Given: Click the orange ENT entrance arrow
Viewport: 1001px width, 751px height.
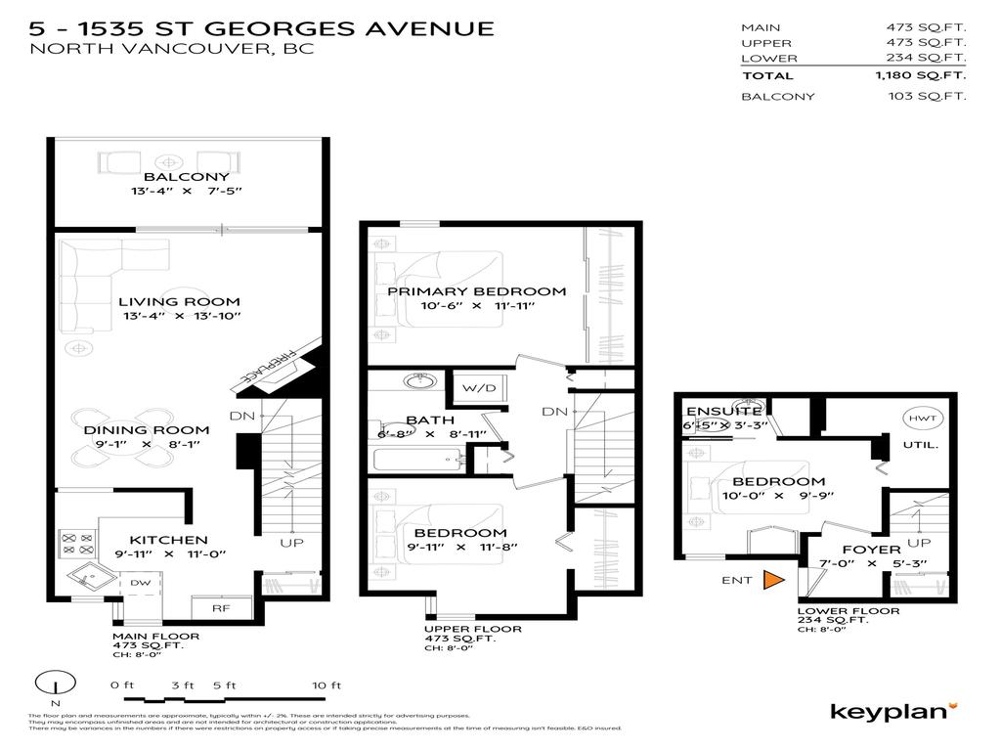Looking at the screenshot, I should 773,580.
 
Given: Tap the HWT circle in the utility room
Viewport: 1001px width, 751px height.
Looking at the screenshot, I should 921,418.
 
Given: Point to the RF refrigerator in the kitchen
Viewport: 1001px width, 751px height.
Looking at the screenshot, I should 220,608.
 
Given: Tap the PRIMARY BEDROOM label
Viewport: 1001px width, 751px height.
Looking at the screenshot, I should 476,291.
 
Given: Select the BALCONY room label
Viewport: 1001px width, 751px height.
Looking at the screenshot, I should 173,177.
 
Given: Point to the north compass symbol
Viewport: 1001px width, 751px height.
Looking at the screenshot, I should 56,685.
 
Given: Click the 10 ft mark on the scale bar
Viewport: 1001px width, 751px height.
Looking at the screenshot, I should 320,685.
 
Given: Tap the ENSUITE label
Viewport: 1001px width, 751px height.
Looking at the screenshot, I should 723,411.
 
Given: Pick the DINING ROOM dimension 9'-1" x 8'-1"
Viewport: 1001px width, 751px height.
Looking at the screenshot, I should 146,445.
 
